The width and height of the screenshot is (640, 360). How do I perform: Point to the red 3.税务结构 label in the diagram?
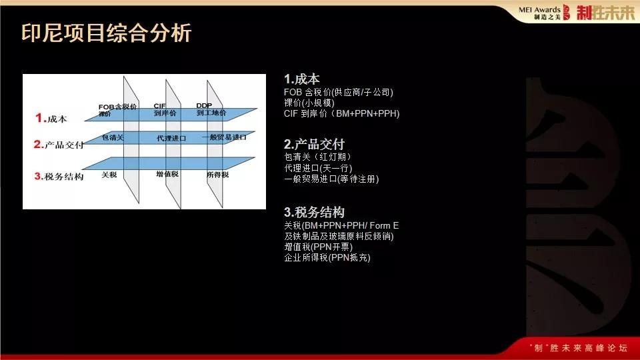pyautogui.click(x=59, y=177)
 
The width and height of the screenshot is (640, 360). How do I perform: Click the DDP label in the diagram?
pyautogui.click(x=204, y=105)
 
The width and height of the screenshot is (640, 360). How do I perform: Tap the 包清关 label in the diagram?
pyautogui.click(x=113, y=137)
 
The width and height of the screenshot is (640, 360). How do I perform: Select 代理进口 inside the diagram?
pyautogui.click(x=171, y=138)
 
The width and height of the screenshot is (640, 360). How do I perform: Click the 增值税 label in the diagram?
pyautogui.click(x=165, y=175)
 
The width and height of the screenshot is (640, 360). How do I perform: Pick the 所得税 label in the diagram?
pyautogui.click(x=218, y=175)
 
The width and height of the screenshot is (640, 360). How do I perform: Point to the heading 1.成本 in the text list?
pyautogui.click(x=302, y=79)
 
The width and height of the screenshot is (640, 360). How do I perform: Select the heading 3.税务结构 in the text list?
pyautogui.click(x=314, y=213)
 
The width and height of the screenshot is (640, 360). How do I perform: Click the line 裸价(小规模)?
pyautogui.click(x=309, y=103)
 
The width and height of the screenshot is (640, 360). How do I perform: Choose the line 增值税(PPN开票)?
pyautogui.click(x=323, y=247)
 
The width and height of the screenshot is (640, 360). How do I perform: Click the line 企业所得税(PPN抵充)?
pyautogui.click(x=327, y=257)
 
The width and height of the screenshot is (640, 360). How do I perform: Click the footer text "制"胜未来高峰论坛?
pyautogui.click(x=577, y=348)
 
